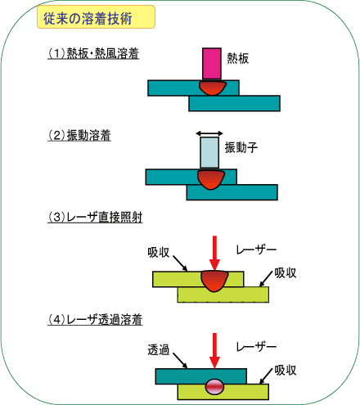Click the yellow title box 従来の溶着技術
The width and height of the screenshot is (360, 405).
pyautogui.click(x=96, y=16)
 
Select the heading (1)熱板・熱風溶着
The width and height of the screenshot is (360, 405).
pyautogui.click(x=93, y=53)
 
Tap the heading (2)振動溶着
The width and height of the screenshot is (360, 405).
pyautogui.click(x=79, y=135)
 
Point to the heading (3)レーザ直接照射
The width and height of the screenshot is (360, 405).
pyautogui.click(x=95, y=218)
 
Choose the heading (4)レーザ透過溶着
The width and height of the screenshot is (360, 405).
pyautogui.click(x=95, y=320)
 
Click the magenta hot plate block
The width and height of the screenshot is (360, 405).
pyautogui.click(x=212, y=64)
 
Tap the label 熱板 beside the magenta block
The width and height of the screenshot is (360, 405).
pyautogui.click(x=238, y=58)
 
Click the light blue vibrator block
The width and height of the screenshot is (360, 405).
pyautogui.click(x=209, y=153)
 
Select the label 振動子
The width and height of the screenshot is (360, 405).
pyautogui.click(x=241, y=147)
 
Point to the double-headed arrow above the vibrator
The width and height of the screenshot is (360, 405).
pyautogui.click(x=209, y=133)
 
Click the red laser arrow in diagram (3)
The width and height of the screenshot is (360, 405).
pyautogui.click(x=214, y=253)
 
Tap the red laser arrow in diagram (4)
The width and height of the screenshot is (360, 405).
pyautogui.click(x=214, y=350)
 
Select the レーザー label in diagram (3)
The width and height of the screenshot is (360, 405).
pyautogui.click(x=256, y=250)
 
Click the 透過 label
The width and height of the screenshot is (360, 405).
pyautogui.click(x=159, y=349)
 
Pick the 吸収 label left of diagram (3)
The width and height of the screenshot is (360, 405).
pyautogui.click(x=159, y=252)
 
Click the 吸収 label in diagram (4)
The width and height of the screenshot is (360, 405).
pyautogui.click(x=286, y=370)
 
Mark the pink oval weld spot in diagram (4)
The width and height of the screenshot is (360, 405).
pyautogui.click(x=214, y=386)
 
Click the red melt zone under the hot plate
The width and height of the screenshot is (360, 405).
pyautogui.click(x=213, y=88)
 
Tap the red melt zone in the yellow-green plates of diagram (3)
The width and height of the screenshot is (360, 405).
pyautogui.click(x=214, y=281)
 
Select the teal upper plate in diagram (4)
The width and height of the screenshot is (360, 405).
pyautogui.click(x=201, y=376)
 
